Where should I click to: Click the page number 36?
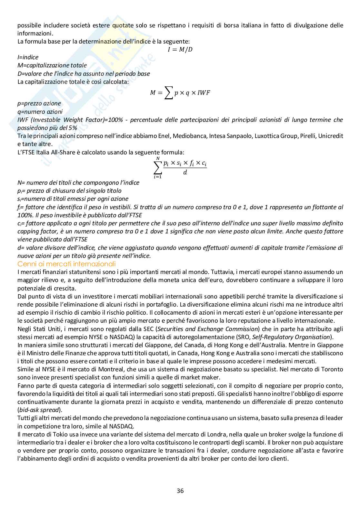[x=180, y=491]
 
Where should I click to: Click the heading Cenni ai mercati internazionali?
[x=66, y=264]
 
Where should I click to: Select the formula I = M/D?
[x=180, y=49]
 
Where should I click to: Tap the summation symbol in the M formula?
[x=168, y=93]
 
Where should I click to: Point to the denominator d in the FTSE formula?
[x=185, y=172]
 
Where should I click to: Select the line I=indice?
[x=28, y=57]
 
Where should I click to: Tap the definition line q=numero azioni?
[x=40, y=112]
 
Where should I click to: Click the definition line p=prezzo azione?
[x=39, y=103]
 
